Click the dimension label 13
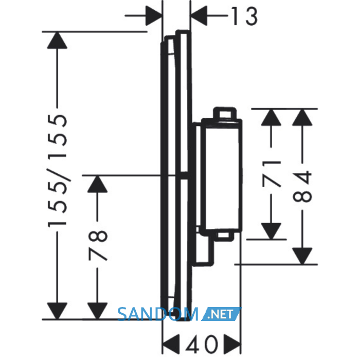tap(244, 16)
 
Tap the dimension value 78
tap(98, 245)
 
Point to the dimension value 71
tap(272, 174)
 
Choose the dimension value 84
tap(302, 186)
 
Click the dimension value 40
tap(202, 344)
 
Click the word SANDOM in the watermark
tap(158, 314)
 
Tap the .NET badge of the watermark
tap(221, 314)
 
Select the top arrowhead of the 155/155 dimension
tap(57, 40)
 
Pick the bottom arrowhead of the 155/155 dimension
tap(57, 311)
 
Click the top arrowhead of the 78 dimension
tap(98, 184)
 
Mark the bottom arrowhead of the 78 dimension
tap(98, 311)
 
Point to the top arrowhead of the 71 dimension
tap(271, 117)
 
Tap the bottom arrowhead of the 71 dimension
tap(271, 231)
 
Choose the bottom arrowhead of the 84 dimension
tap(302, 256)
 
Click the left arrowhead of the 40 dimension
tap(171, 344)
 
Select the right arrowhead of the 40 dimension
tap(232, 344)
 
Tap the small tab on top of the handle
tap(225, 113)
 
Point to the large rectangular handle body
tap(221, 176)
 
